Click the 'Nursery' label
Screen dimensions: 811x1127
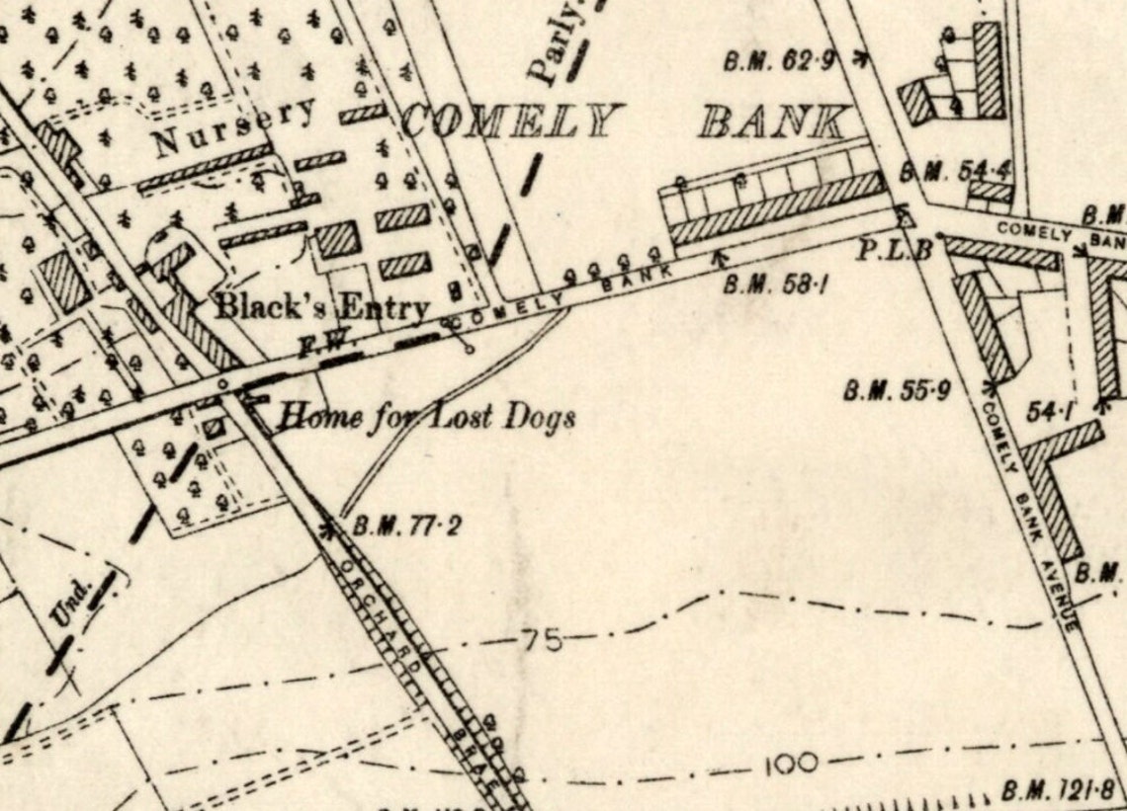pos(233,128)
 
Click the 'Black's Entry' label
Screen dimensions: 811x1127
pos(322,306)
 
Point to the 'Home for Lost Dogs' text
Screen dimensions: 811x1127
pos(425,417)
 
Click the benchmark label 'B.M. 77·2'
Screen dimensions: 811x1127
pos(406,526)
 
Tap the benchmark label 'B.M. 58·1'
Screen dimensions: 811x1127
pos(775,286)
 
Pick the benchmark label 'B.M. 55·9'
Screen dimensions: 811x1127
pos(897,391)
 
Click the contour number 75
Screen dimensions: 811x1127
pos(541,641)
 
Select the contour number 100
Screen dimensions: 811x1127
pos(791,764)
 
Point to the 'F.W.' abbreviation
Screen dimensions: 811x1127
pos(314,347)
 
